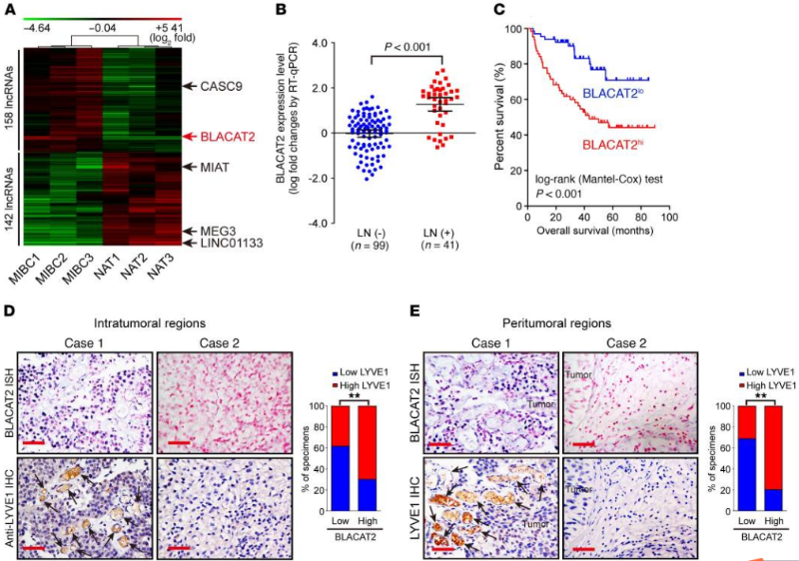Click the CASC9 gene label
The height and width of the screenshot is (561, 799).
pyautogui.click(x=233, y=87)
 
